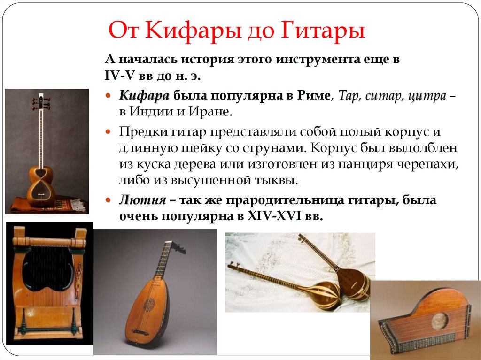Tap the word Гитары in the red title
[x=323, y=31]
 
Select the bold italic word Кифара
[x=144, y=96]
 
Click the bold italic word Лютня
[x=143, y=200]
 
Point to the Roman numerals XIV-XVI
[x=274, y=216]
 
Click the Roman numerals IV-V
[x=120, y=76]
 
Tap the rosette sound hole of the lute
[x=149, y=305]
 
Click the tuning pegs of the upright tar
[x=41, y=103]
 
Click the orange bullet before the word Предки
[x=108, y=132]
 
